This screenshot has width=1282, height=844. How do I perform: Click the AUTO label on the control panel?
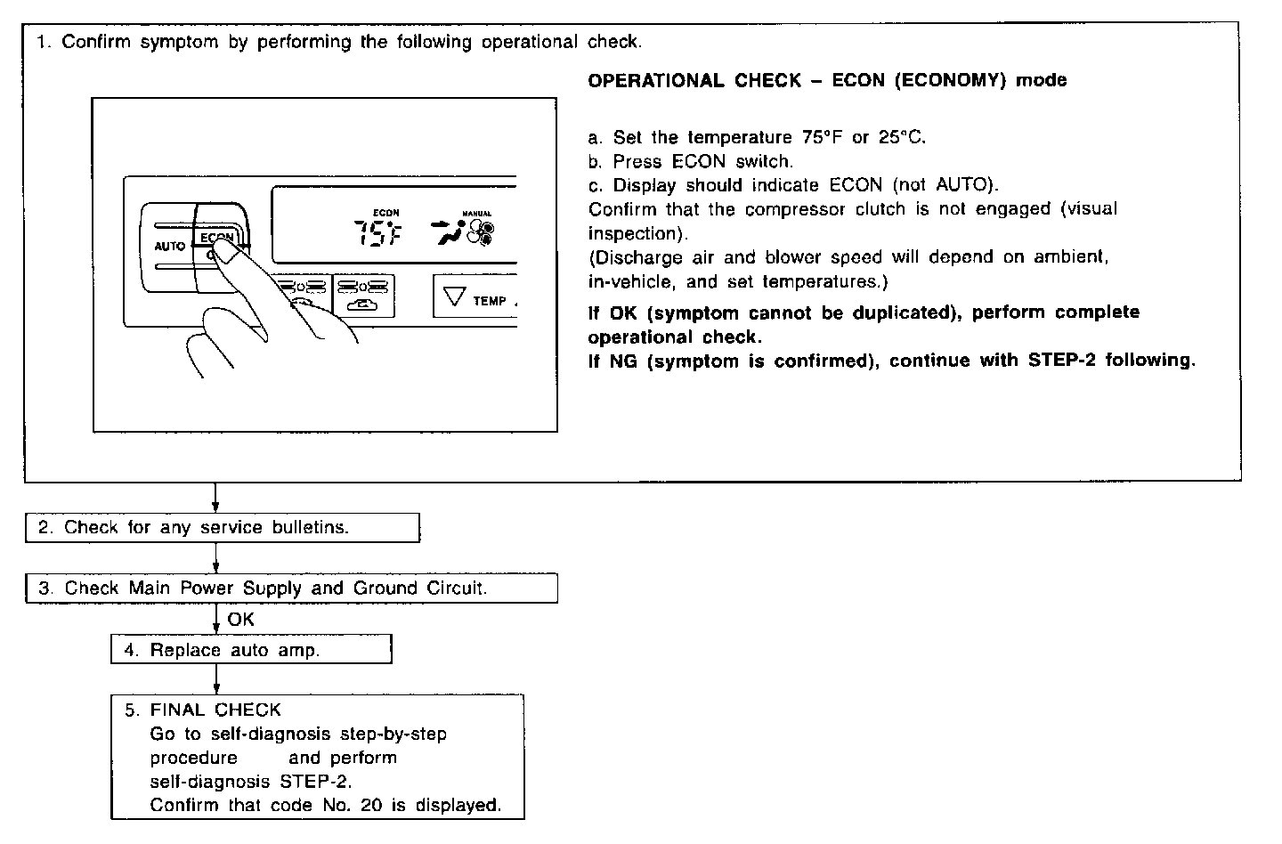(169, 246)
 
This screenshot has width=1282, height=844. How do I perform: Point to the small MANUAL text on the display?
(476, 214)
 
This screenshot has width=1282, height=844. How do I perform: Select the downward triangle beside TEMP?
(455, 297)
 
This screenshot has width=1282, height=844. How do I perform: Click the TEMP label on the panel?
(490, 301)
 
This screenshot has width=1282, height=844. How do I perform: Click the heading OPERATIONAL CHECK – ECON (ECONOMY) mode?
(827, 81)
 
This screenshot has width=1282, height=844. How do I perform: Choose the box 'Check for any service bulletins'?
(222, 528)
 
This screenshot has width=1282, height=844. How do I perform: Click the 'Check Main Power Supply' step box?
(291, 588)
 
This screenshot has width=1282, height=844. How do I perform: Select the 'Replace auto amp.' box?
(251, 650)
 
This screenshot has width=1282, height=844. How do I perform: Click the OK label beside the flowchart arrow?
(240, 619)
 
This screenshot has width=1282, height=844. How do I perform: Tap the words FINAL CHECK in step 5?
(215, 710)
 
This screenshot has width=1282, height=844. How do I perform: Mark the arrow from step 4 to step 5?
(216, 680)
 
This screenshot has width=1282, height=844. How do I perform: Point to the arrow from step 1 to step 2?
(215, 499)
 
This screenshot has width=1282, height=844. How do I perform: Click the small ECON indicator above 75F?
(385, 213)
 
